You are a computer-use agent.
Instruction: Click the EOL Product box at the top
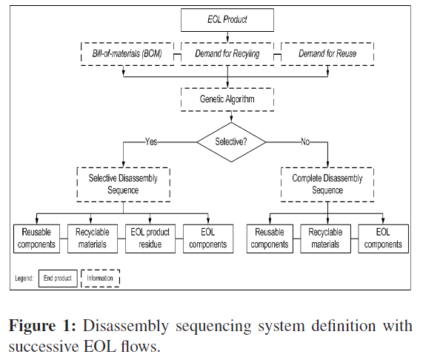tap(227, 21)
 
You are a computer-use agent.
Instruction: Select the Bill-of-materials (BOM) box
tap(127, 54)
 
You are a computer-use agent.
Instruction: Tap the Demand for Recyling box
tap(227, 54)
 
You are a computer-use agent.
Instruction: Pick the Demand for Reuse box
tap(327, 54)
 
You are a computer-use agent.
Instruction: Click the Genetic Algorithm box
tap(227, 98)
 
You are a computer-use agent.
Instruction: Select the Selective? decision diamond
tap(231, 140)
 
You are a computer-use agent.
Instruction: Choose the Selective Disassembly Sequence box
tap(123, 182)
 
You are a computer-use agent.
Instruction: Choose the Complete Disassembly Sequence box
tap(327, 182)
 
